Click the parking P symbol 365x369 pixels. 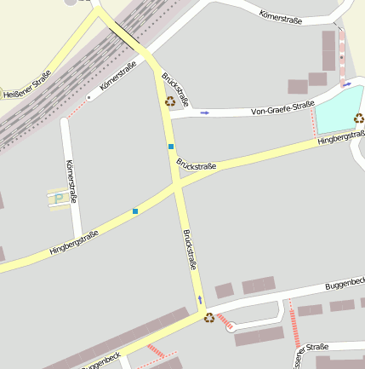59,199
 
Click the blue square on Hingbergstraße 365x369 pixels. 134,210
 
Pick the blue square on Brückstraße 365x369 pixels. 171,147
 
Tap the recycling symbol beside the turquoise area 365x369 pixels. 359,118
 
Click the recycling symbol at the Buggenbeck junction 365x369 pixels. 208,318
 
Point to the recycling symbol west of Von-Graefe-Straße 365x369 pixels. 170,101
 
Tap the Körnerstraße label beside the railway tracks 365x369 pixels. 117,75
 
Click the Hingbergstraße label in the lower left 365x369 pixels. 74,242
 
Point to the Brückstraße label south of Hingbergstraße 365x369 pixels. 189,251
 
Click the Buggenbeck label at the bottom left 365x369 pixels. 102,360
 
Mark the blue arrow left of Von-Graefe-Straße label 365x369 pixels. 204,112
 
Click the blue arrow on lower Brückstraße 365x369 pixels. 200,299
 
